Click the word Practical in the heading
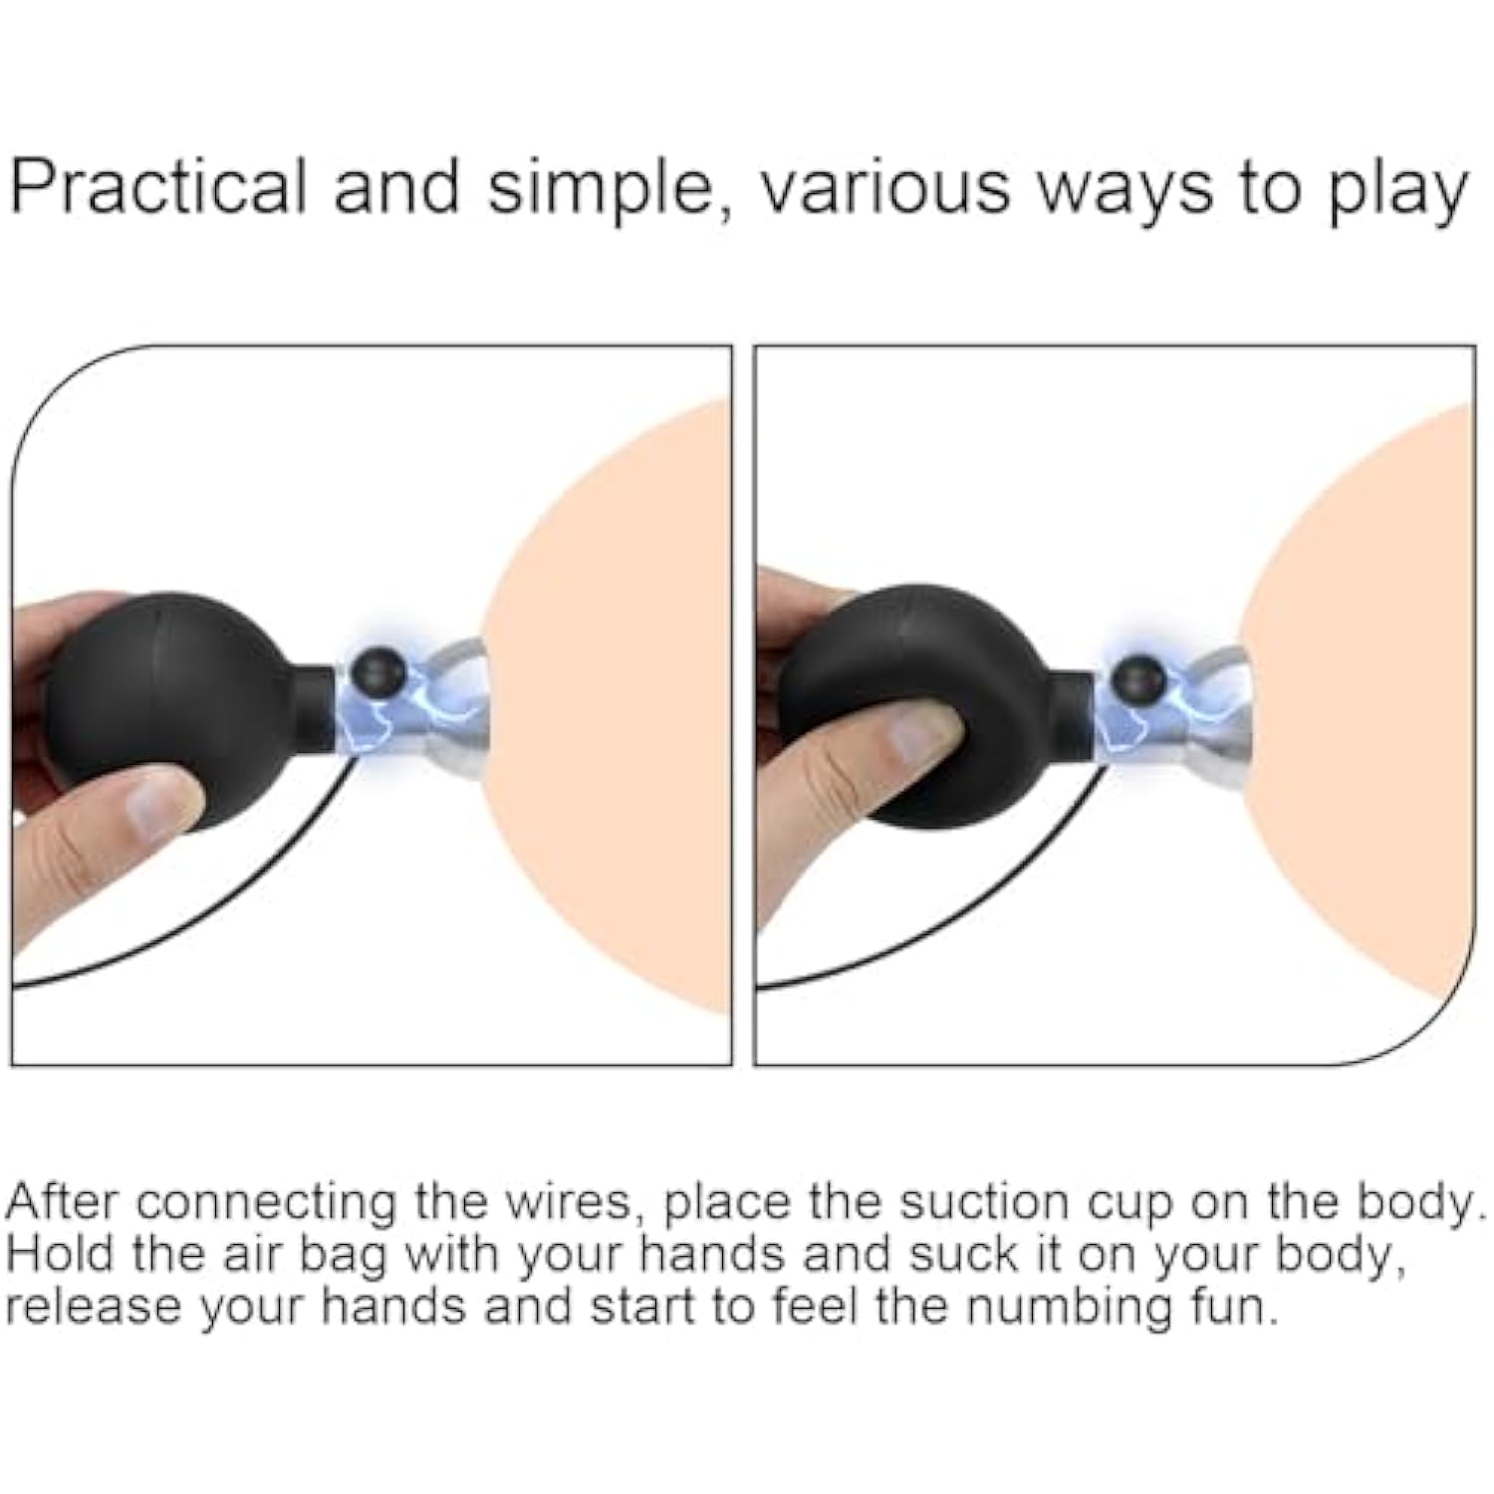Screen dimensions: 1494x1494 pos(158,186)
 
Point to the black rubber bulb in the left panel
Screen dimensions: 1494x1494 pos(184,711)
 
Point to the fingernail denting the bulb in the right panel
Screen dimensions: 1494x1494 pos(921,739)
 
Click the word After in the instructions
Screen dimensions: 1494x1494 pos(63,1202)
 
